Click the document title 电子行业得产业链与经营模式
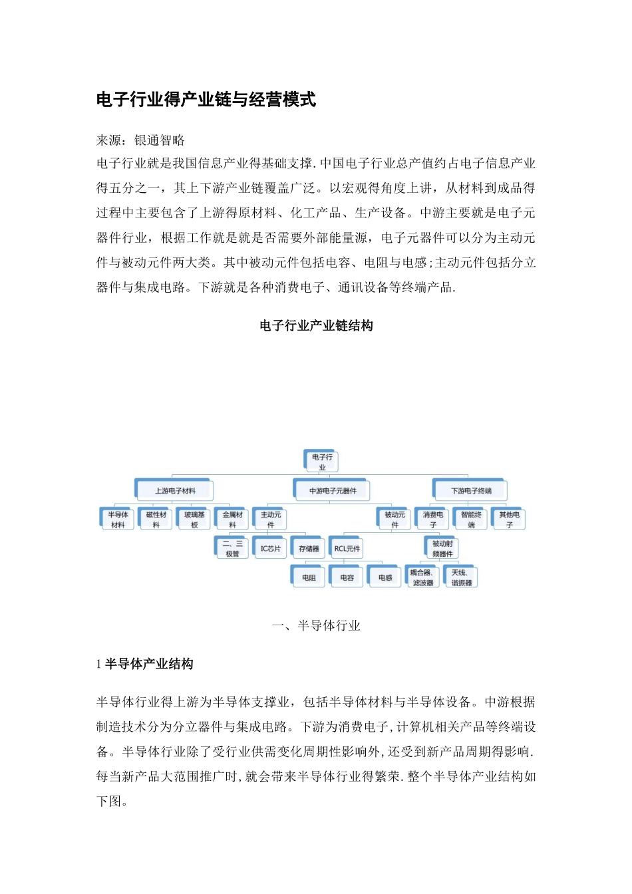(206, 100)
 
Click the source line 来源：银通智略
(140, 140)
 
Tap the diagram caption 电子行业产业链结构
(316, 325)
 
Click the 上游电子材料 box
(175, 491)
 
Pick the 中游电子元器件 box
(332, 491)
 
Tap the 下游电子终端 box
(471, 491)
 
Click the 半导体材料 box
(118, 520)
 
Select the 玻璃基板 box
(194, 520)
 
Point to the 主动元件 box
(271, 520)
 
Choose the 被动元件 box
(395, 520)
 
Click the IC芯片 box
(271, 549)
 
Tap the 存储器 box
(309, 549)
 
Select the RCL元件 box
(347, 549)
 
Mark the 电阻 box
(309, 577)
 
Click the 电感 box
(385, 577)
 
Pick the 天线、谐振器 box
(461, 577)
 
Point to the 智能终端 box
(471, 520)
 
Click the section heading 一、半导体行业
(316, 625)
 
